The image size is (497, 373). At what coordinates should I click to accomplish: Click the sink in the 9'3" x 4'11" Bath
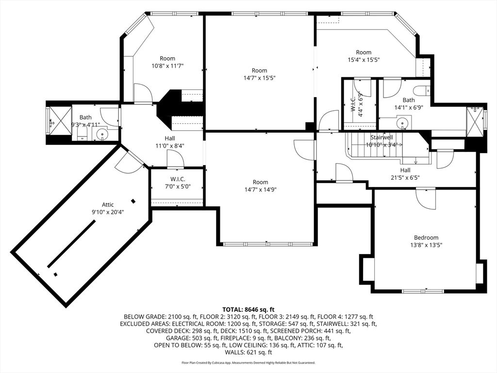102,135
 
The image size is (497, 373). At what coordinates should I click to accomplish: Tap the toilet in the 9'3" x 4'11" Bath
82,134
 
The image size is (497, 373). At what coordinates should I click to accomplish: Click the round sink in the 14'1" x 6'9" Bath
402,124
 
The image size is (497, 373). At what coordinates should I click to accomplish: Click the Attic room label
108,204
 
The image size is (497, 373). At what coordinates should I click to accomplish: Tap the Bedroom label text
427,237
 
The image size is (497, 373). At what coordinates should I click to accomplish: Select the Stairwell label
381,137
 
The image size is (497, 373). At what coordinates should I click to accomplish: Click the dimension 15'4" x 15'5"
364,60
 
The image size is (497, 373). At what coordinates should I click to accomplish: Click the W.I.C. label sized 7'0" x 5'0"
178,179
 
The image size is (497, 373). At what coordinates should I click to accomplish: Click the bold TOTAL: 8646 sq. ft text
248,309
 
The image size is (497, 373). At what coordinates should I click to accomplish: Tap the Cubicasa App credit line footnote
248,363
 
